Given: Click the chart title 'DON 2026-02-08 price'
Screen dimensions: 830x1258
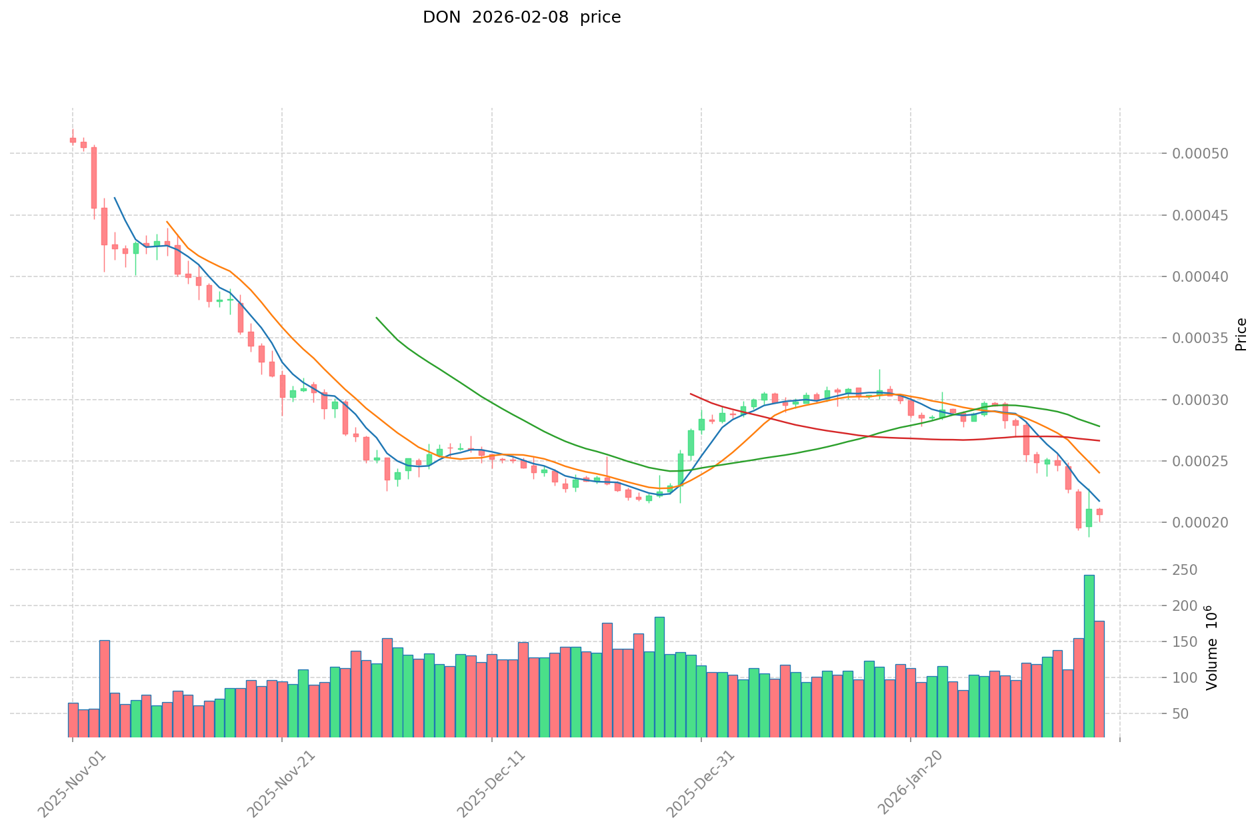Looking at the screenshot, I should point(521,18).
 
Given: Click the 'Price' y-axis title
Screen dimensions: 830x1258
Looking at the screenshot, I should point(1241,334).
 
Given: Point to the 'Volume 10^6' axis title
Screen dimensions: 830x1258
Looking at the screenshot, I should point(1212,647).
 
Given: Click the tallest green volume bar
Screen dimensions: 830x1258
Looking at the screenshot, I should point(1089,655).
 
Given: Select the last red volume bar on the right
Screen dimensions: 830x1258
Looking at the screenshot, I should point(1099,679).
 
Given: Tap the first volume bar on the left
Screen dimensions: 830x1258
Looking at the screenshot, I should point(73,719).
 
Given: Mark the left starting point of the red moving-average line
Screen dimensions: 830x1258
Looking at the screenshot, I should point(691,394).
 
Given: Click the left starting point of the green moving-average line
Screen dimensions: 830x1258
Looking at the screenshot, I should point(377,318).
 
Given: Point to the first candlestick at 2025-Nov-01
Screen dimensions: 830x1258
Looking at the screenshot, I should point(73,140).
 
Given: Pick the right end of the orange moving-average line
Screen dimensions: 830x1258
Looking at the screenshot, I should point(1099,473).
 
